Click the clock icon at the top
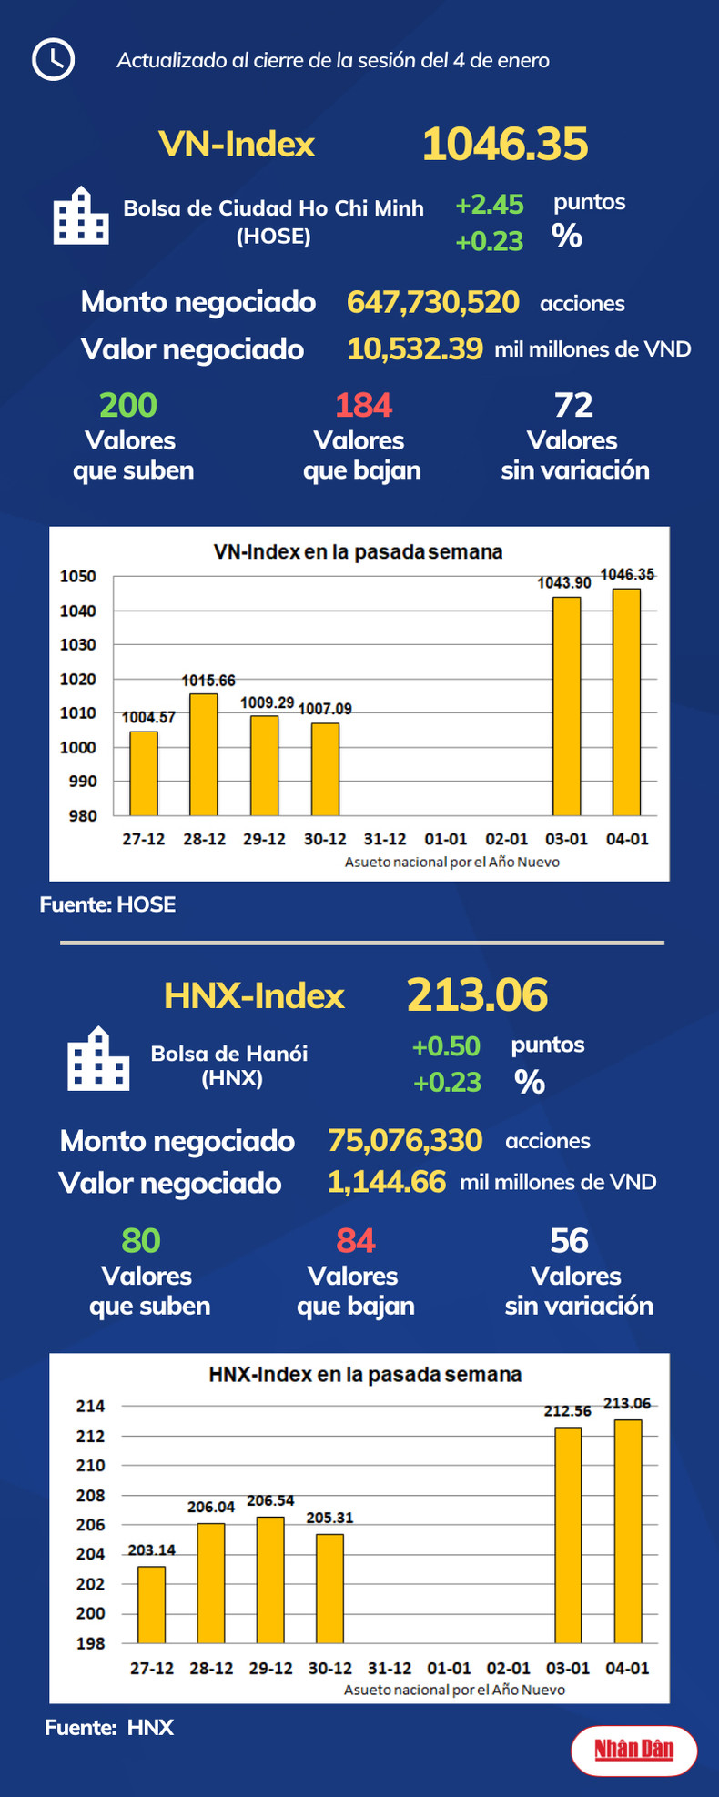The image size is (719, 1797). pyautogui.click(x=53, y=60)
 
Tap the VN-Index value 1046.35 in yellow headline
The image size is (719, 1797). pyautogui.click(x=505, y=145)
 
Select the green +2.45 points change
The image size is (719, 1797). pyautogui.click(x=490, y=205)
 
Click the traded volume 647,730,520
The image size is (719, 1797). pyautogui.click(x=433, y=302)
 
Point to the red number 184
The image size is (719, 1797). pyautogui.click(x=363, y=405)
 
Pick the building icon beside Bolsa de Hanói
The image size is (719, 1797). pyautogui.click(x=98, y=1059)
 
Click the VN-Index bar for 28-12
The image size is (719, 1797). pyautogui.click(x=204, y=754)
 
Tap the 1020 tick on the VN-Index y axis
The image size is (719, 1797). pyautogui.click(x=78, y=679)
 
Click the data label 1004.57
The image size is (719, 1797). pyautogui.click(x=148, y=718)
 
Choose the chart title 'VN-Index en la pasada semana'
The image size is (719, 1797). pyautogui.click(x=358, y=551)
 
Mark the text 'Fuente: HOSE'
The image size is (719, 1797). pyautogui.click(x=107, y=904)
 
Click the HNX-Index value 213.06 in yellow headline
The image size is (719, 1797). pyautogui.click(x=477, y=995)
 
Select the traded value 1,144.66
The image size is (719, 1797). pyautogui.click(x=387, y=1182)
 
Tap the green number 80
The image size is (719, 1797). pyautogui.click(x=141, y=1240)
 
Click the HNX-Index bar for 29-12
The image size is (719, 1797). pyautogui.click(x=270, y=1580)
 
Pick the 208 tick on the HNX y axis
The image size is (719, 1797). pyautogui.click(x=90, y=1495)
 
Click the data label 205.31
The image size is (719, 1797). pyautogui.click(x=329, y=1518)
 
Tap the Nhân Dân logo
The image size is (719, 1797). pyautogui.click(x=634, y=1749)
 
